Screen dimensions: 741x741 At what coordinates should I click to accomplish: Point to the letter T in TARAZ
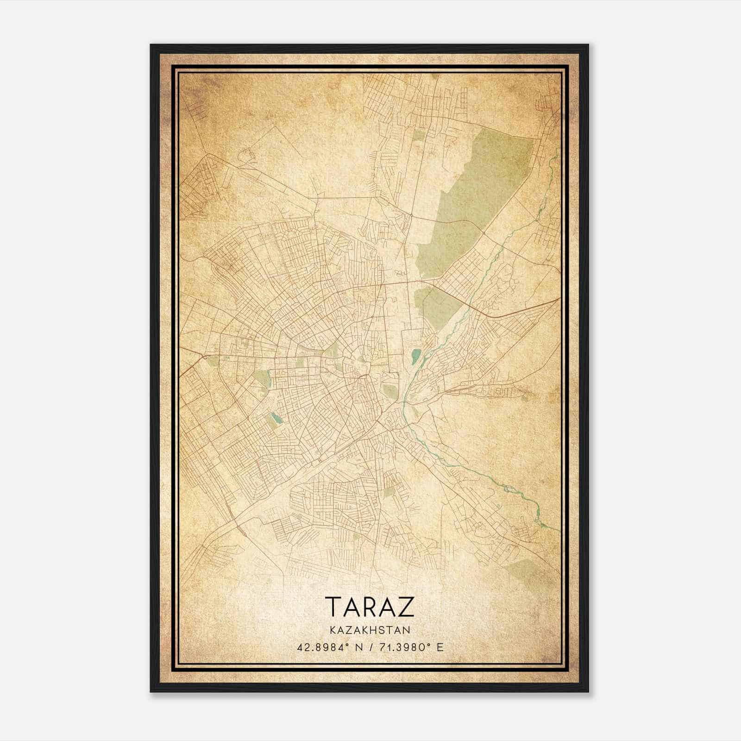pos(333,607)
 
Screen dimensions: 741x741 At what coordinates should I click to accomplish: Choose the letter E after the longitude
pos(440,647)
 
